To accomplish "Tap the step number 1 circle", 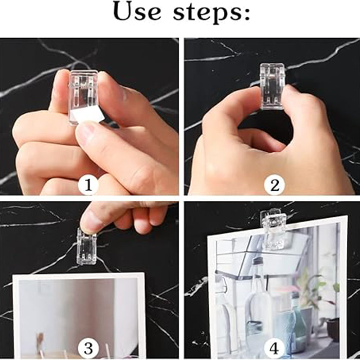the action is click(x=88, y=185).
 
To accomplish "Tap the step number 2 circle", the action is click(x=274, y=185).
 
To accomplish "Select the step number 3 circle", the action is click(x=88, y=348).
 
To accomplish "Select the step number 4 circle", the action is click(x=274, y=348).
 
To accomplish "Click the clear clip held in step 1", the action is click(x=84, y=96).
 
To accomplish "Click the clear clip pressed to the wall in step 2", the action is click(x=272, y=86).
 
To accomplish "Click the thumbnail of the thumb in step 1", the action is click(x=86, y=130).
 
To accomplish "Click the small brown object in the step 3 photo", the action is click(x=40, y=340).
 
